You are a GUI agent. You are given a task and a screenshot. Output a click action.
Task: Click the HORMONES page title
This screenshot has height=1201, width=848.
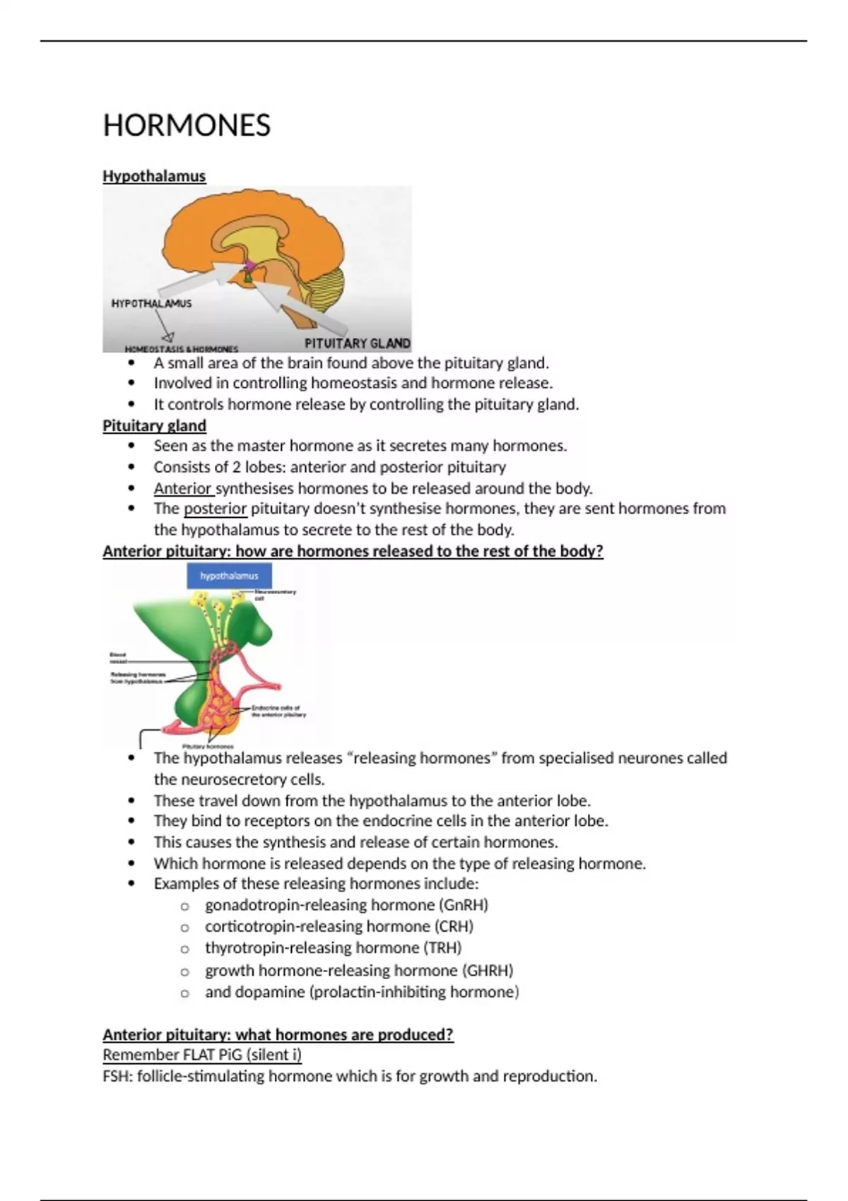[x=187, y=126]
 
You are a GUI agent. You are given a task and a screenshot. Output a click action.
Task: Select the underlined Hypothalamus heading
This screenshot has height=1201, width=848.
[x=154, y=176]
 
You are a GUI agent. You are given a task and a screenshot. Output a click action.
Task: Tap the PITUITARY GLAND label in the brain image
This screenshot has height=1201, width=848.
[x=357, y=343]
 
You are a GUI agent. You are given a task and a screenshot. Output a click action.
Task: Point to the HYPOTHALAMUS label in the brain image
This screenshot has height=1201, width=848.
[x=151, y=303]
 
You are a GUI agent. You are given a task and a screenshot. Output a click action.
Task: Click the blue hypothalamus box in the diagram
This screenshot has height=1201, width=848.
[x=229, y=576]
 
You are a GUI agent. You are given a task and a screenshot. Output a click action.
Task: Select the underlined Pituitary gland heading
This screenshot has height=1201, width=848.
[x=154, y=425]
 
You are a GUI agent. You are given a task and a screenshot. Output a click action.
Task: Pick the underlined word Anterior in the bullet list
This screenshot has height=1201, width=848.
[x=183, y=488]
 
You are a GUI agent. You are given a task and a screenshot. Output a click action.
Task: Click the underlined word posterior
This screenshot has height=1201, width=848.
[x=215, y=509]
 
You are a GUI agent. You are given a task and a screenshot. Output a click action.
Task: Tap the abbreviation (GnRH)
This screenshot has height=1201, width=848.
[x=464, y=905]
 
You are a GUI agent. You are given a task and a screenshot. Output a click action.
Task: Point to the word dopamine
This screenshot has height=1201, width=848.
[x=269, y=992]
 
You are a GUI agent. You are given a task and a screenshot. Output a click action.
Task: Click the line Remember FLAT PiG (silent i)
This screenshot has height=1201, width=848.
[x=202, y=1055]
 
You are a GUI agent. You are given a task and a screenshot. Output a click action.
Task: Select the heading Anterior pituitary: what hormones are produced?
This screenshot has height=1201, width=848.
[x=278, y=1034]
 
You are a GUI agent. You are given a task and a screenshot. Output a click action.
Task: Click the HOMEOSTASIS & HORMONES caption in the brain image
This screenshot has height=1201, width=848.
[x=182, y=349]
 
